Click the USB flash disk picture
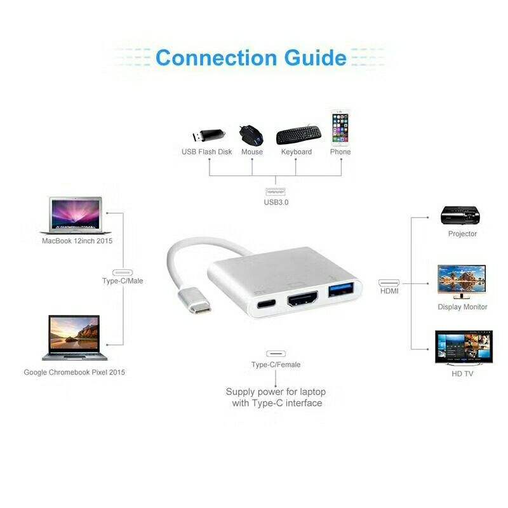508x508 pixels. point(208,135)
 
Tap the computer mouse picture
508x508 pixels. point(251,135)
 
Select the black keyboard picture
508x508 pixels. point(297,135)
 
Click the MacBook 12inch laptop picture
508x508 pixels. point(74,216)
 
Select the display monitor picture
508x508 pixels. point(462,281)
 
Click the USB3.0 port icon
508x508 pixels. point(276,192)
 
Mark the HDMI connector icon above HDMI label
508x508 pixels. point(389,281)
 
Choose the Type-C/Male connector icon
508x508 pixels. point(123,270)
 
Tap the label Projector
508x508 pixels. point(462,234)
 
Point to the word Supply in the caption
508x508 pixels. point(241,392)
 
